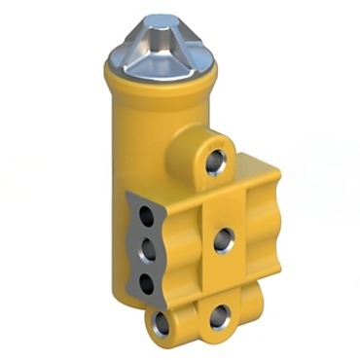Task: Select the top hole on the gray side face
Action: (145, 217)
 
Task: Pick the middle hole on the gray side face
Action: (148, 251)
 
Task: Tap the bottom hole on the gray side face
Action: (146, 283)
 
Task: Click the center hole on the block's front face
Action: (223, 236)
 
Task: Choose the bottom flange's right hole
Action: (221, 315)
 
